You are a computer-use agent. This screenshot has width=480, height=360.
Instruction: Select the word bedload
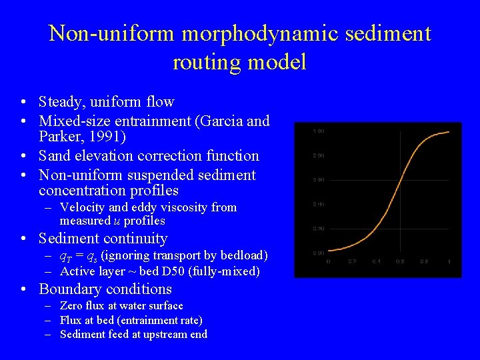pyautogui.click(x=243, y=255)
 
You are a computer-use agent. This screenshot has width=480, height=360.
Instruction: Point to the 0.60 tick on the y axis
pyautogui.click(x=318, y=180)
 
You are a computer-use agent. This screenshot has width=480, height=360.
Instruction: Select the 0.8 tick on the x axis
pyautogui.click(x=424, y=261)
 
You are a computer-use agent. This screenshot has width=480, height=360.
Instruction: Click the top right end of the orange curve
pyautogui.click(x=449, y=132)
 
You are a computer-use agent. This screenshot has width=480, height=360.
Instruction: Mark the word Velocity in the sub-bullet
pyautogui.click(x=83, y=207)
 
